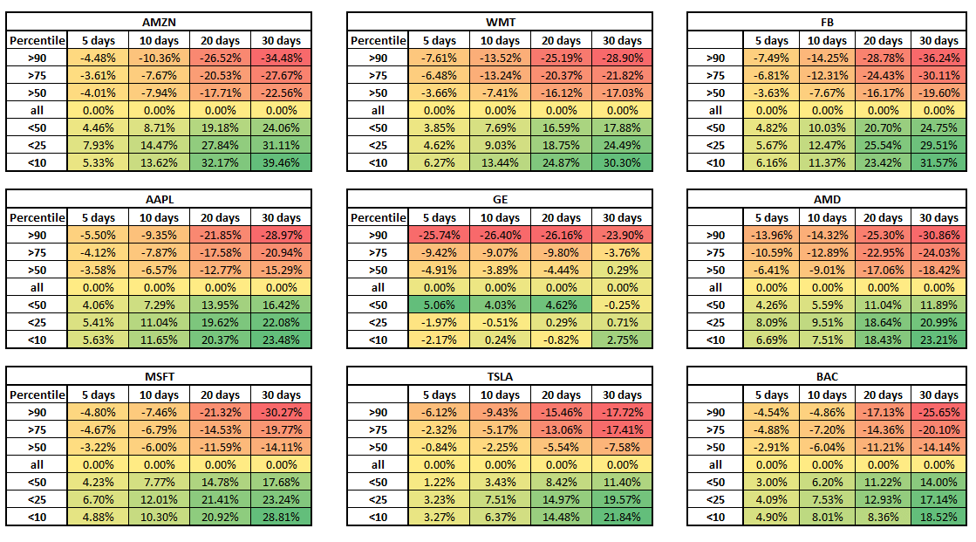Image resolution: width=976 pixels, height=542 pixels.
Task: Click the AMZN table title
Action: (x=159, y=22)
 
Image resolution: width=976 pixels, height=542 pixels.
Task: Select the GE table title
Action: (x=500, y=199)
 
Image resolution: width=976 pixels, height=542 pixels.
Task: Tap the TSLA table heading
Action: (x=500, y=376)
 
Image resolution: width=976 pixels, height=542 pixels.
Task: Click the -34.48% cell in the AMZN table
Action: (x=281, y=58)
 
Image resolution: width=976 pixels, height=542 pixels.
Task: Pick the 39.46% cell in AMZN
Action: (x=281, y=162)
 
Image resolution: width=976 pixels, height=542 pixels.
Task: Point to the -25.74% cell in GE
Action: (x=439, y=235)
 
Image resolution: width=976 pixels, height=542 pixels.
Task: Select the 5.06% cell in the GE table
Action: (x=439, y=305)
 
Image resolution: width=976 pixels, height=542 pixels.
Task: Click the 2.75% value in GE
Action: (x=622, y=340)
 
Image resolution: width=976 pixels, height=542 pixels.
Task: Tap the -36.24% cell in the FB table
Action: (x=938, y=58)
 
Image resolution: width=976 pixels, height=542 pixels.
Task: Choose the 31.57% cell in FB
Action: (x=938, y=162)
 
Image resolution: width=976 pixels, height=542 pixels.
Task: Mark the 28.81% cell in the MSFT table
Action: (x=281, y=517)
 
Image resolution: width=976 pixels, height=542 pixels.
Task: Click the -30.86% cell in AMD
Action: (x=938, y=235)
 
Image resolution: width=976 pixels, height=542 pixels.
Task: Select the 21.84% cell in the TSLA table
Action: (x=622, y=517)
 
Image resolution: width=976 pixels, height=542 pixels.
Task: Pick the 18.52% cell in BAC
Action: (x=938, y=517)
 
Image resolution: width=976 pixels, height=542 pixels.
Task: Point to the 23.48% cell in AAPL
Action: (x=281, y=340)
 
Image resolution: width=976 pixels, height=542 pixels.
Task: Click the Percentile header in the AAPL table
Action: (x=37, y=217)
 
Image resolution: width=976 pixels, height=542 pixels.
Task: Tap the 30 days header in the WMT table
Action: (x=622, y=40)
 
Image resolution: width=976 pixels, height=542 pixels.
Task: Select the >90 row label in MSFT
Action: (x=37, y=412)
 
